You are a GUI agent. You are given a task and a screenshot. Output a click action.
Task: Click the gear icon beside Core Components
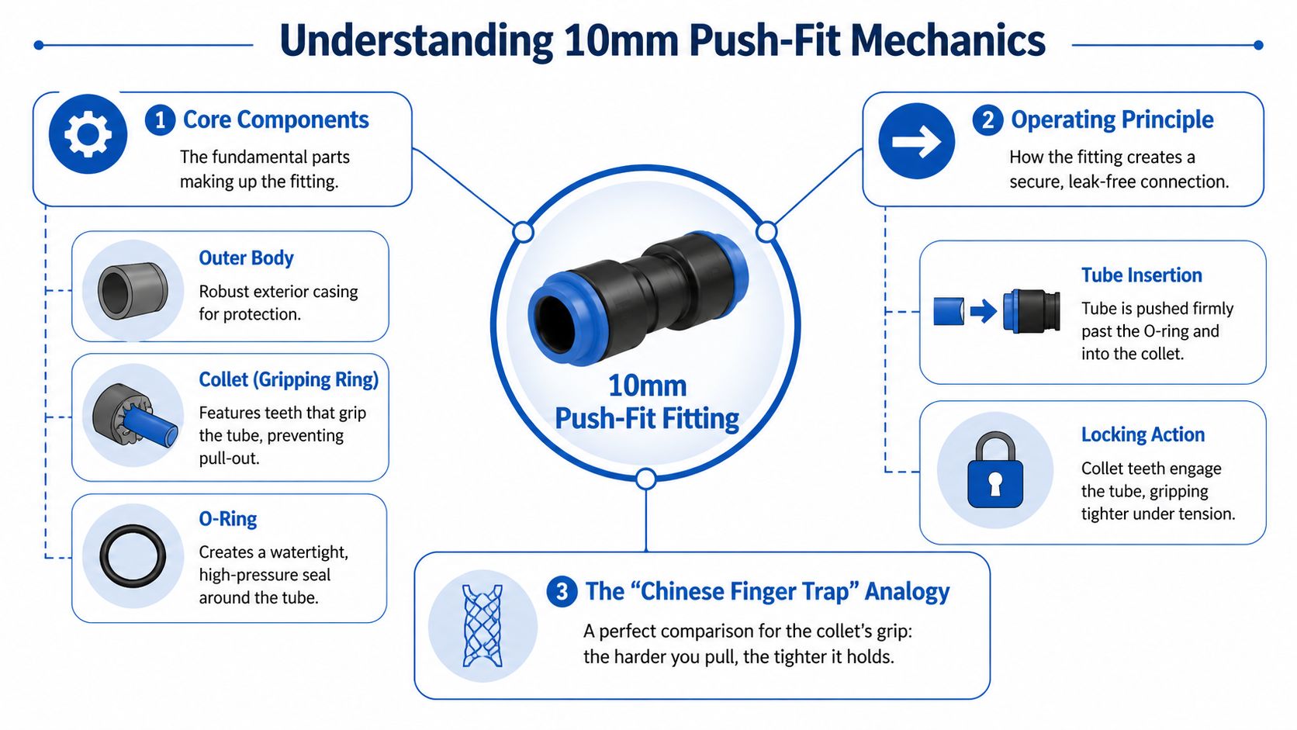coord(88,133)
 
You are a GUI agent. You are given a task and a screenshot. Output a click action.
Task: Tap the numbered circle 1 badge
coord(160,120)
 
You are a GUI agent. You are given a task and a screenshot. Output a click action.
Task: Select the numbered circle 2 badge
coord(987,120)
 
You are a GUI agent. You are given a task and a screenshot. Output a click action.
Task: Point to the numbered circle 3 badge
coord(562,592)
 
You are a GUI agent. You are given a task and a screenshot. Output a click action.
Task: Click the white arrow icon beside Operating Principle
coord(916,141)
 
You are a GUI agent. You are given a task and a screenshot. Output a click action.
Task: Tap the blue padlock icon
coord(995,470)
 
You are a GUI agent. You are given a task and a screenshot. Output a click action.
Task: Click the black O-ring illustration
coord(133,556)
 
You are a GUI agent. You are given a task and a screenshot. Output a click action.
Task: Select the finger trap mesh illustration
coord(482,626)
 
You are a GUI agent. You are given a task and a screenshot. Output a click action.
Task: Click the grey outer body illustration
coord(133,290)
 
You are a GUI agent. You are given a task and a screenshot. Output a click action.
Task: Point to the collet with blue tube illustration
coord(133,416)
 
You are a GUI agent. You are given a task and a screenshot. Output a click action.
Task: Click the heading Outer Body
coord(246,258)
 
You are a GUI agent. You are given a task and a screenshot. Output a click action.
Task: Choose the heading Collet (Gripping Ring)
coord(289,379)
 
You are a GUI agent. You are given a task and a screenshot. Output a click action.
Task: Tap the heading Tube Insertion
coord(1141,275)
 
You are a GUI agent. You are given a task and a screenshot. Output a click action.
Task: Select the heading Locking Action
coord(1143,434)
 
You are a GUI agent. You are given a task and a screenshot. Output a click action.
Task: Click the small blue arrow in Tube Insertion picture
coord(983,312)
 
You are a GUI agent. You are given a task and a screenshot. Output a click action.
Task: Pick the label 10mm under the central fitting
coord(647,386)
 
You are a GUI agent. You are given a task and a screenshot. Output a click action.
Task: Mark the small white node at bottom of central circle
coord(645,479)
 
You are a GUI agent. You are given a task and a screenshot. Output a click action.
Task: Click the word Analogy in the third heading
coord(907,592)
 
